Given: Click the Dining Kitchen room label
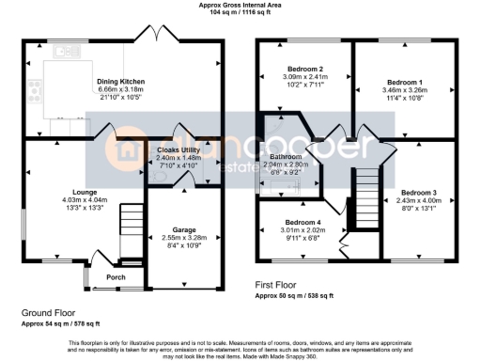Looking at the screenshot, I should click(120, 82).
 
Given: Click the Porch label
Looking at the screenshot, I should click(116, 277).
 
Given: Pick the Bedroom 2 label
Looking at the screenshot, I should click(304, 70).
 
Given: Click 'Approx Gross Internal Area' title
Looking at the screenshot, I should click(240, 5).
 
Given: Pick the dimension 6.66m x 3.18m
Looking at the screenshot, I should click(120, 90).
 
